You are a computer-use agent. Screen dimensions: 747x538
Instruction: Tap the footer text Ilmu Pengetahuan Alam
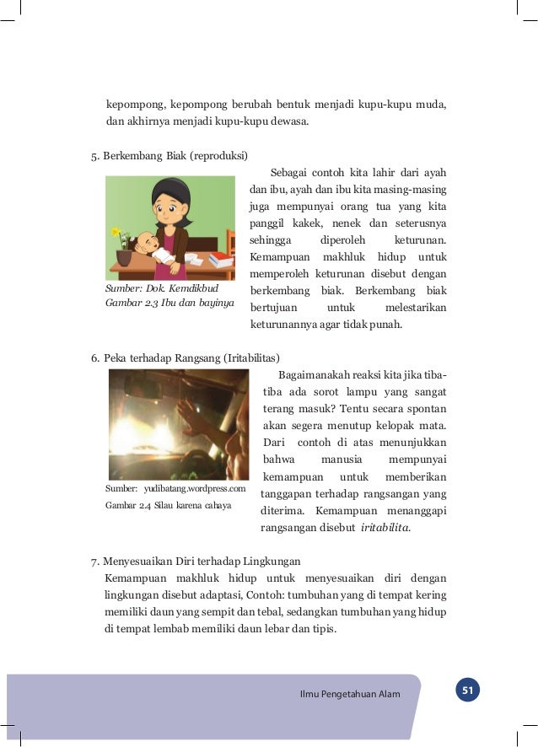tap(350, 694)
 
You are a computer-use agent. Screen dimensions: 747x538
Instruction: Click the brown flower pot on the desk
tap(124, 257)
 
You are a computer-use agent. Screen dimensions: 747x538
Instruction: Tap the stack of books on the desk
tap(221, 261)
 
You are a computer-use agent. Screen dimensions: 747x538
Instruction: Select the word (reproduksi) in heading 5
tap(218, 156)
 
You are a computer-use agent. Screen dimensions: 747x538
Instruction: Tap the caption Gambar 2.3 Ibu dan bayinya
tap(169, 303)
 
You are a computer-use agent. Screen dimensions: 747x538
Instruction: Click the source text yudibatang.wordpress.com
tap(195, 488)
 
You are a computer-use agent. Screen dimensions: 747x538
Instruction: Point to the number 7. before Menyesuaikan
tap(95, 561)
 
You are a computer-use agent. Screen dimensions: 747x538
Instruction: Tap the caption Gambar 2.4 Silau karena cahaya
tap(168, 506)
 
